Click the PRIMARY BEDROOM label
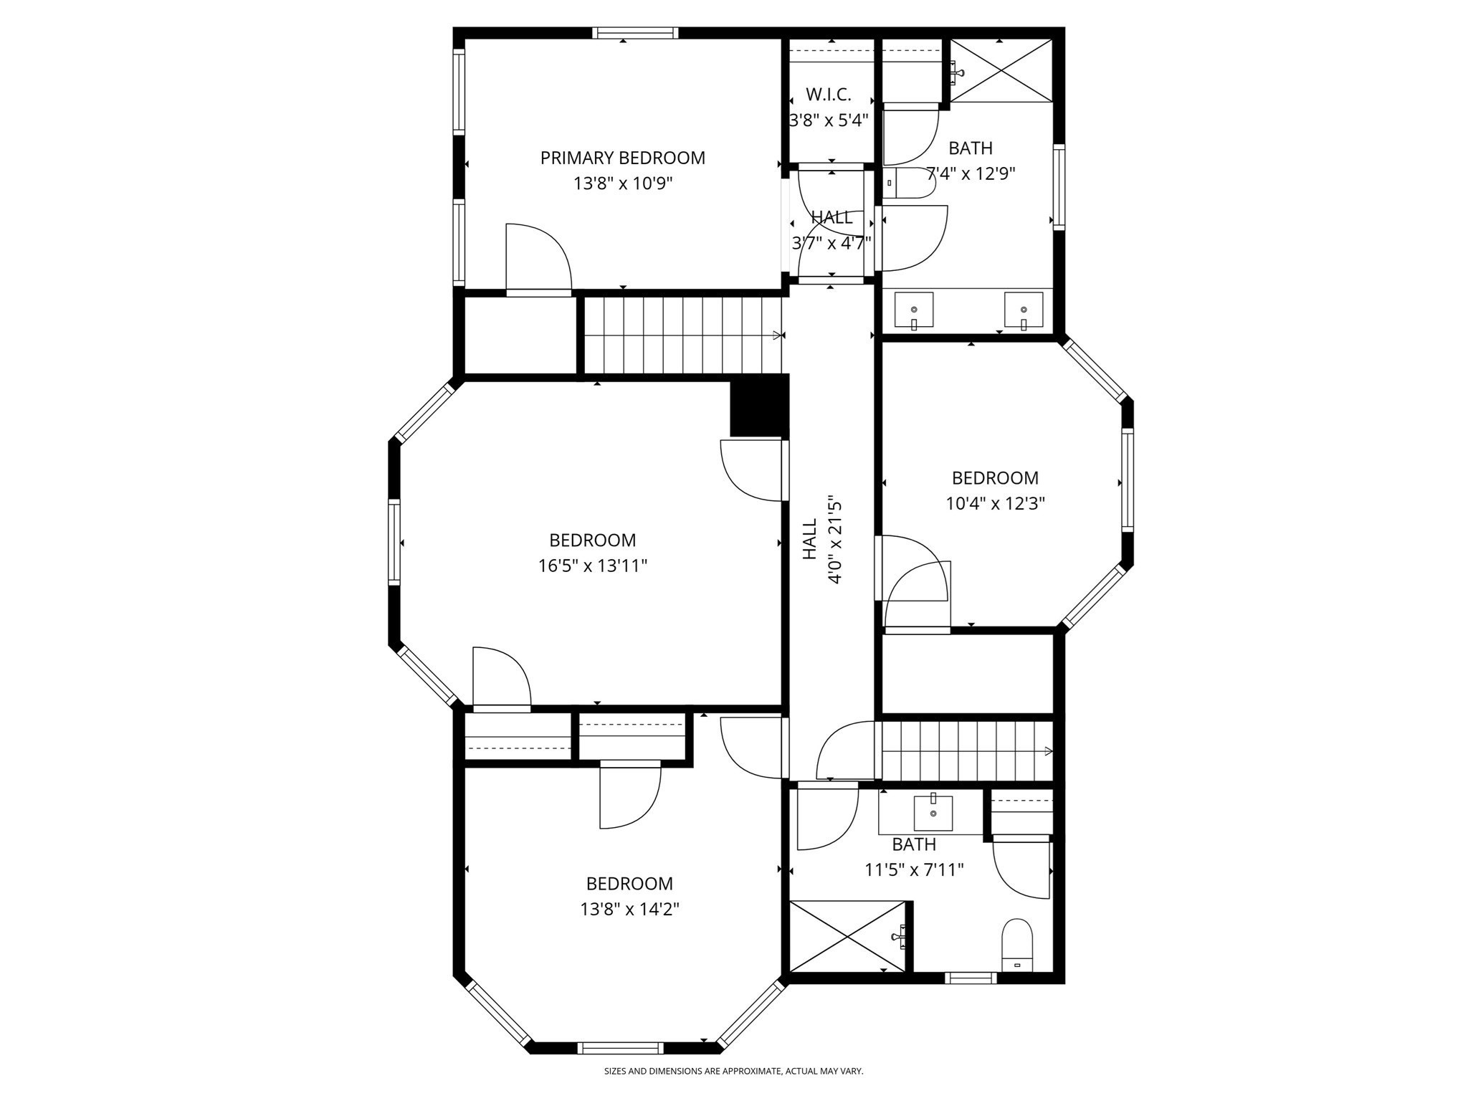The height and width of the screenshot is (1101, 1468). (x=622, y=158)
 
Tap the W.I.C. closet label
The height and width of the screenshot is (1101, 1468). (x=829, y=95)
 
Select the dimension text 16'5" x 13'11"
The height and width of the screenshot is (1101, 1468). (x=593, y=566)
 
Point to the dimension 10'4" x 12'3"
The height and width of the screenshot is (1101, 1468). (x=995, y=504)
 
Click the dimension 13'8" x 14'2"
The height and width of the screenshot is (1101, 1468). (x=629, y=910)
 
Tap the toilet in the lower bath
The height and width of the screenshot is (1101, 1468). (x=1016, y=945)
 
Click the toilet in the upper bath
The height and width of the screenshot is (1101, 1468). (x=909, y=183)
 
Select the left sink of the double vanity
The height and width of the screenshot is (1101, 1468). (x=914, y=310)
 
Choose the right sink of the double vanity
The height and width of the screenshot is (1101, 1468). (x=1024, y=310)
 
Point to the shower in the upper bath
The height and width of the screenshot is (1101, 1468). (x=1002, y=70)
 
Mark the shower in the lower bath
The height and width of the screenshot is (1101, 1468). (x=848, y=936)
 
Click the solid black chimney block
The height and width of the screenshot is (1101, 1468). (x=759, y=407)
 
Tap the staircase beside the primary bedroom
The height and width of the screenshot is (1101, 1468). (x=681, y=335)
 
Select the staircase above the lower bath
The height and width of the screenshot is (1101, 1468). (x=966, y=751)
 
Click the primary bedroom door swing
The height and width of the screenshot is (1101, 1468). (x=538, y=258)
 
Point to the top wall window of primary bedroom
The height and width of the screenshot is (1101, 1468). (x=635, y=33)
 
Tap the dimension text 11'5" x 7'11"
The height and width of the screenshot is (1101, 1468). (x=914, y=870)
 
